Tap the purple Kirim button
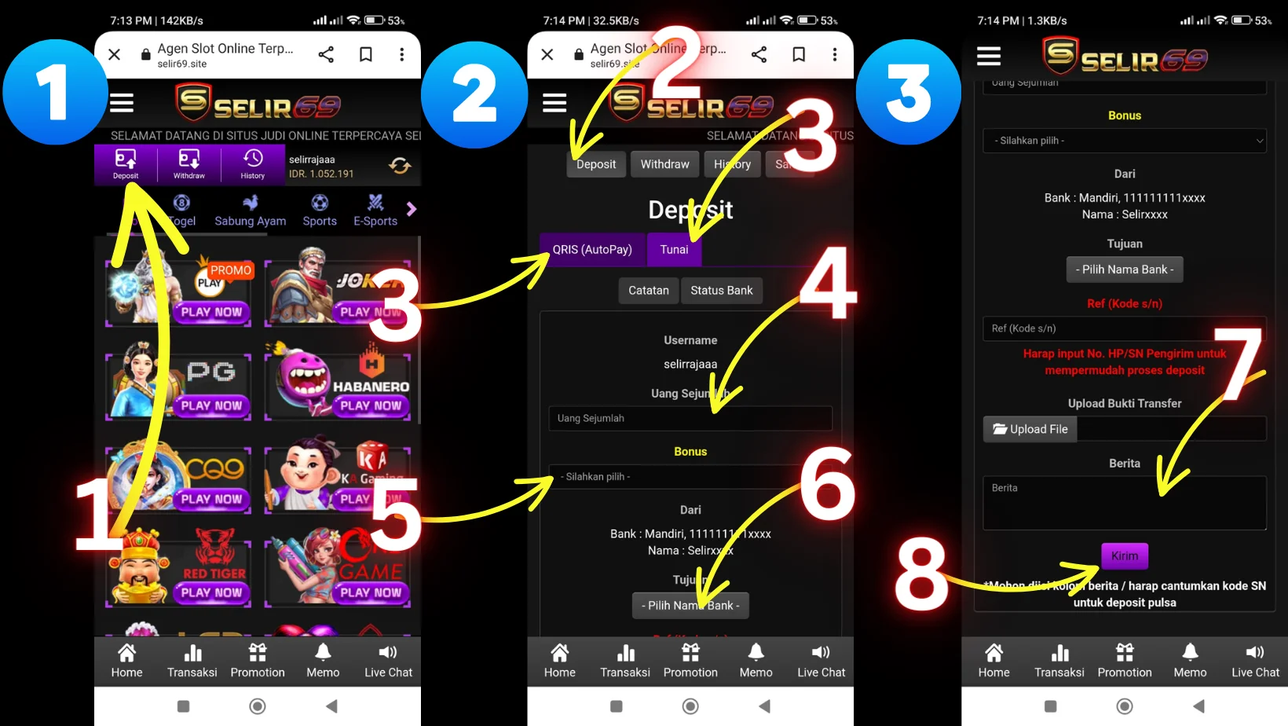pos(1124,556)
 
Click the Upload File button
pos(1030,429)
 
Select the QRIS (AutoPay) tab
pos(592,250)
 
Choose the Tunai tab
pos(674,250)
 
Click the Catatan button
pos(648,291)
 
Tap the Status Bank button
pos(721,291)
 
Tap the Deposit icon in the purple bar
pos(126,164)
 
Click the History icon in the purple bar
pos(252,164)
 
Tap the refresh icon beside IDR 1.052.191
pos(400,166)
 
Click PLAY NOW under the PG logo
pos(211,405)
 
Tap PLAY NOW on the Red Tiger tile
pos(211,592)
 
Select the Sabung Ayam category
pos(250,211)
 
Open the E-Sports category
pos(375,211)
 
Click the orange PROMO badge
pos(230,270)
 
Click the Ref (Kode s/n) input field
pos(1124,328)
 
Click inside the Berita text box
pos(1124,503)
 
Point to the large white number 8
pos(921,575)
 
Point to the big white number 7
pos(1239,363)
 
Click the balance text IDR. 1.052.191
pos(321,174)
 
